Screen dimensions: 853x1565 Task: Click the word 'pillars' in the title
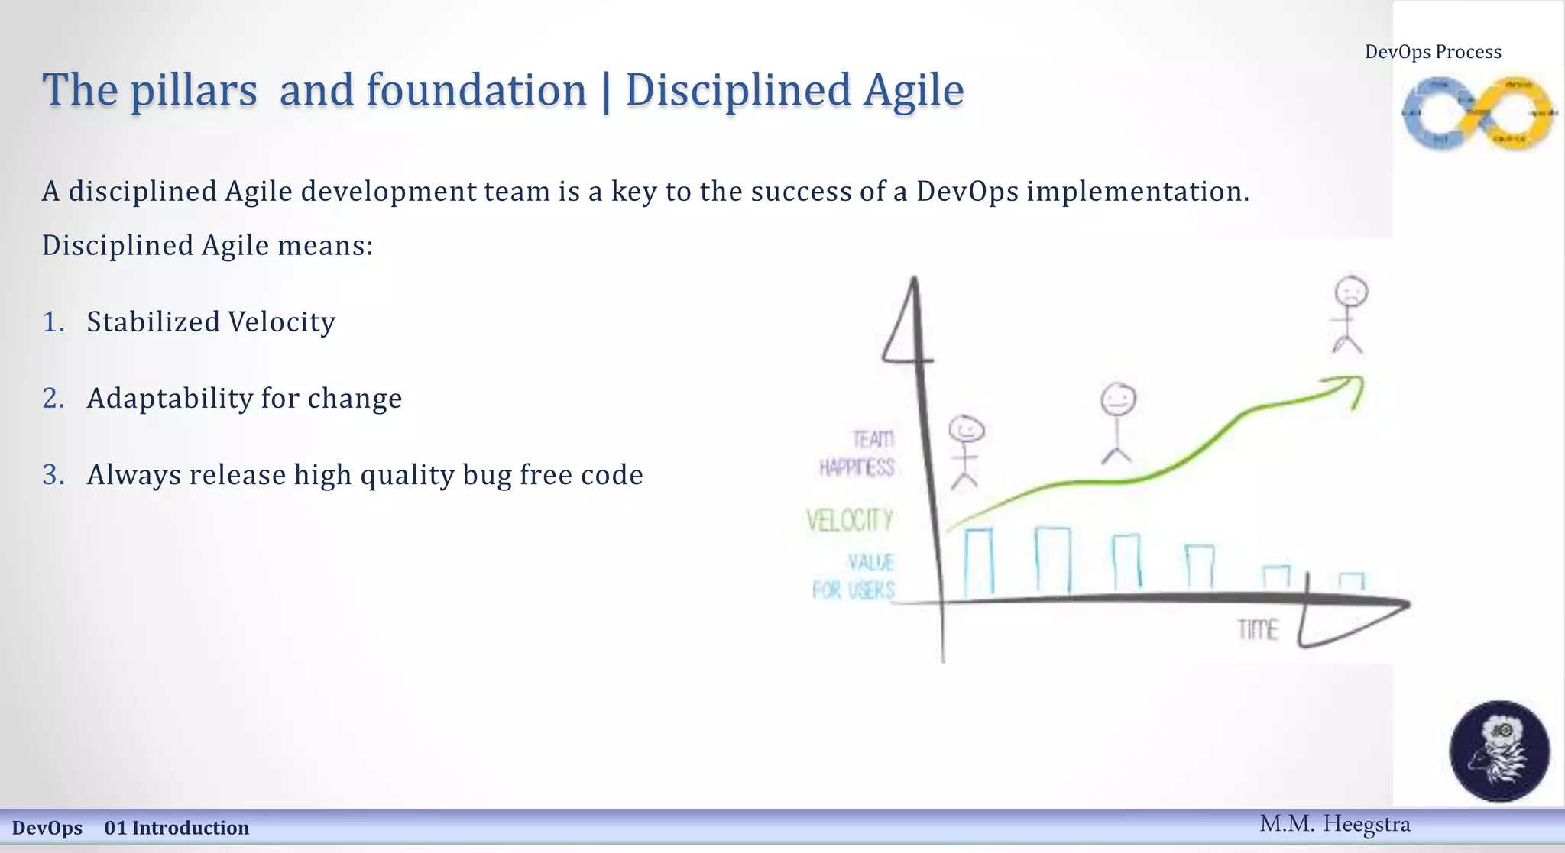pyautogui.click(x=193, y=91)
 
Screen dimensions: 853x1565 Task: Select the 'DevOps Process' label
pyautogui.click(x=1433, y=52)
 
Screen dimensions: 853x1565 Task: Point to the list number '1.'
pyautogui.click(x=53, y=322)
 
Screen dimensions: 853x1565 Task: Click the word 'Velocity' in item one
pyautogui.click(x=281, y=322)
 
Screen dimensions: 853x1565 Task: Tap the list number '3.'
pyautogui.click(x=53, y=475)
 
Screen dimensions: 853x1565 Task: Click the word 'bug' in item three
pyautogui.click(x=487, y=475)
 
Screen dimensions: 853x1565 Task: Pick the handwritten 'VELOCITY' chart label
pyautogui.click(x=850, y=521)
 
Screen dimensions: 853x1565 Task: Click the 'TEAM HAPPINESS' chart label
pyautogui.click(x=857, y=454)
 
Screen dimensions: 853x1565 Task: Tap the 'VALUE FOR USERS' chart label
pyautogui.click(x=854, y=577)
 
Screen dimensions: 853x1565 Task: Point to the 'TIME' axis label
pyautogui.click(x=1258, y=630)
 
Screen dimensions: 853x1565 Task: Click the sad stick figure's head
pyautogui.click(x=1351, y=292)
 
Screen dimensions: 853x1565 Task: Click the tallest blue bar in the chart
pyautogui.click(x=1053, y=560)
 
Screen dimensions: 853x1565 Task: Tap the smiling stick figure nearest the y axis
pyautogui.click(x=966, y=451)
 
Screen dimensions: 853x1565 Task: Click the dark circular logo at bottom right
pyautogui.click(x=1499, y=751)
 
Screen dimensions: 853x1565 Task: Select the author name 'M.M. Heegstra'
pyautogui.click(x=1334, y=824)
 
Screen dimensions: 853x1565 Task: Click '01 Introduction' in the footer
pyautogui.click(x=177, y=828)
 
